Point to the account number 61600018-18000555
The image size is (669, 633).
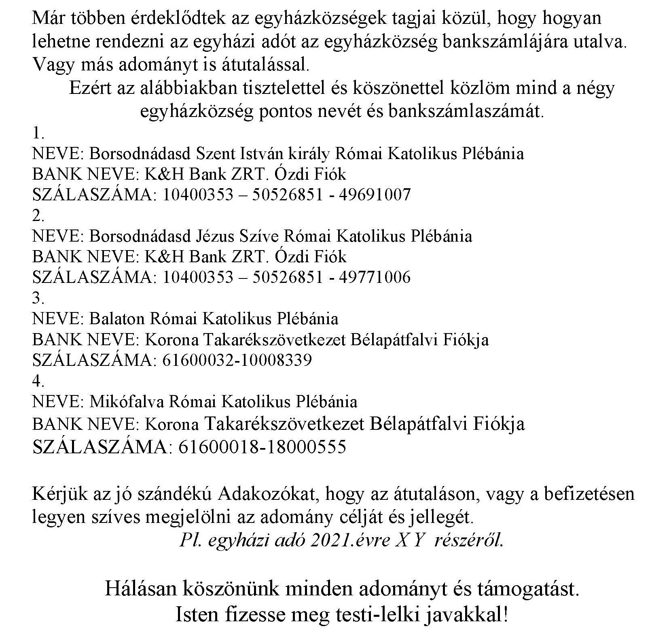coord(262,447)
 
